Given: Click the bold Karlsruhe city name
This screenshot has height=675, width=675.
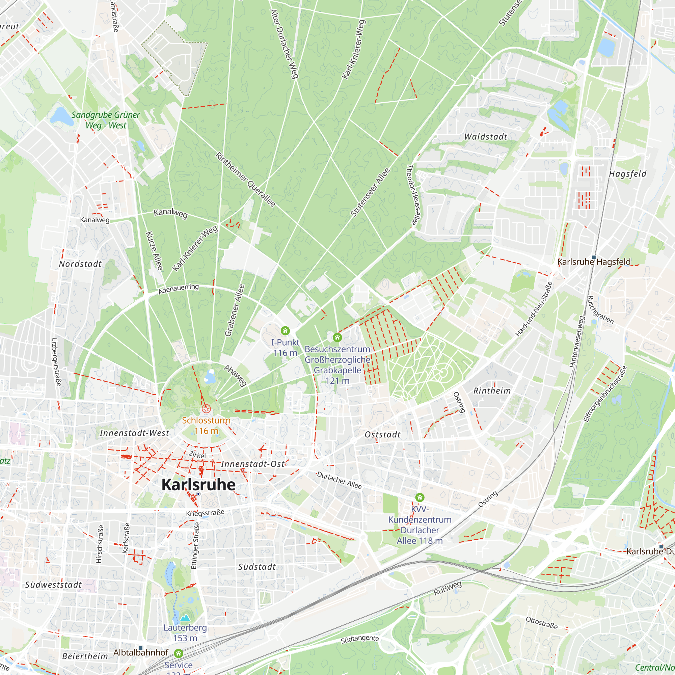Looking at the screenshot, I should (x=198, y=485).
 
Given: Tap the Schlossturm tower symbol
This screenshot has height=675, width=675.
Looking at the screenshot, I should (x=206, y=408).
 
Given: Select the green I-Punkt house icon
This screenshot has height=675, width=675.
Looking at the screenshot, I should (x=285, y=330).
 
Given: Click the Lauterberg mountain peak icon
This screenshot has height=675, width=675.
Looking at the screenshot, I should (x=185, y=618).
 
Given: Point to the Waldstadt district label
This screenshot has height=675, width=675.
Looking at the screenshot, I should (x=485, y=137).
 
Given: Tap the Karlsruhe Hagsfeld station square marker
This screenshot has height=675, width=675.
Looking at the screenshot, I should (x=594, y=257).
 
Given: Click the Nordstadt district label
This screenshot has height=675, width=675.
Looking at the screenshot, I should (x=80, y=264).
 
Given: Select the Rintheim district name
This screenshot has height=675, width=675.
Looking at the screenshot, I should (x=492, y=390).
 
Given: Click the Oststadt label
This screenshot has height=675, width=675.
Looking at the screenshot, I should (x=382, y=434).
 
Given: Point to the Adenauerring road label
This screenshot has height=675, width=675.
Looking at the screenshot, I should (x=179, y=289).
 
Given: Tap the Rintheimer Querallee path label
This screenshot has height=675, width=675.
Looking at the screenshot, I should (x=245, y=180).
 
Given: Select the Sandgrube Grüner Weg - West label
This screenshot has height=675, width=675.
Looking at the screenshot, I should (x=106, y=120).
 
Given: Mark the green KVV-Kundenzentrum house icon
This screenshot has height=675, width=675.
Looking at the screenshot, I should (x=420, y=497).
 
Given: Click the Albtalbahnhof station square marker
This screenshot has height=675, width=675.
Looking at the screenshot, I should (x=141, y=648).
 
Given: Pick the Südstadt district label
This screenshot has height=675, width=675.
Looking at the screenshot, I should (x=257, y=567).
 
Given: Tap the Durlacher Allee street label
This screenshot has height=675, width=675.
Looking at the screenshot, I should (x=339, y=480).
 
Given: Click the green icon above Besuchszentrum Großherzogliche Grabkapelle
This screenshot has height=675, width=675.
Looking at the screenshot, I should (x=337, y=337).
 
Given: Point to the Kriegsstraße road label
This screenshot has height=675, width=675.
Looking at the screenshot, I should (x=205, y=513).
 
